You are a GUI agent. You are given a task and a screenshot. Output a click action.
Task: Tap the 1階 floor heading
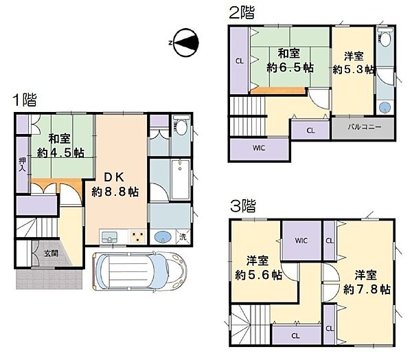click(x=25, y=100)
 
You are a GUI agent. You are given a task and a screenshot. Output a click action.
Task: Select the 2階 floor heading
click(x=242, y=12)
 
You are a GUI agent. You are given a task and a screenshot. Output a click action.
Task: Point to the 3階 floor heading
click(x=243, y=206)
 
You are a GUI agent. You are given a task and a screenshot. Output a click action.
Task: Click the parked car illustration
click(x=139, y=271)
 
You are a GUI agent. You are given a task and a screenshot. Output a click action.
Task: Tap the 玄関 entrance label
click(x=51, y=254)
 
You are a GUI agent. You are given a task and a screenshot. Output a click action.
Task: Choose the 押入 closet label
click(x=23, y=165)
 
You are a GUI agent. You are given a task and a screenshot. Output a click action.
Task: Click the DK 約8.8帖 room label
click(x=115, y=185)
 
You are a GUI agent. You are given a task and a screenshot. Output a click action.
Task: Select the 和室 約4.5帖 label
click(x=60, y=146)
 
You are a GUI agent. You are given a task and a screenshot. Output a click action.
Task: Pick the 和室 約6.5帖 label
click(x=290, y=60)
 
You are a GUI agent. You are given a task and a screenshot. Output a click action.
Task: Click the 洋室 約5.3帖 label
click(x=354, y=63)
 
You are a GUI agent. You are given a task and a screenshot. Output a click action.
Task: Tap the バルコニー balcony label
click(x=365, y=127)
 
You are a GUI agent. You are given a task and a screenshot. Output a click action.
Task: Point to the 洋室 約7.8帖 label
click(x=367, y=282)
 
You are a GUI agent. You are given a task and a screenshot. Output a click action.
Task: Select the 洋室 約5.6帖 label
click(x=258, y=268)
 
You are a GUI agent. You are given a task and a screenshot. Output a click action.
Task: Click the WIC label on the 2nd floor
click(x=259, y=148)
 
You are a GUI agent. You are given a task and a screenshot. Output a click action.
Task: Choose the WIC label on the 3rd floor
click(x=301, y=240)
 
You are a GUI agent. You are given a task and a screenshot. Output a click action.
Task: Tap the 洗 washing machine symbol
click(x=183, y=236)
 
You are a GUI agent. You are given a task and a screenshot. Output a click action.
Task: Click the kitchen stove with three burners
click(x=138, y=236)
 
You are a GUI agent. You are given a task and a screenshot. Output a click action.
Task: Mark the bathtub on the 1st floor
click(x=180, y=179)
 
